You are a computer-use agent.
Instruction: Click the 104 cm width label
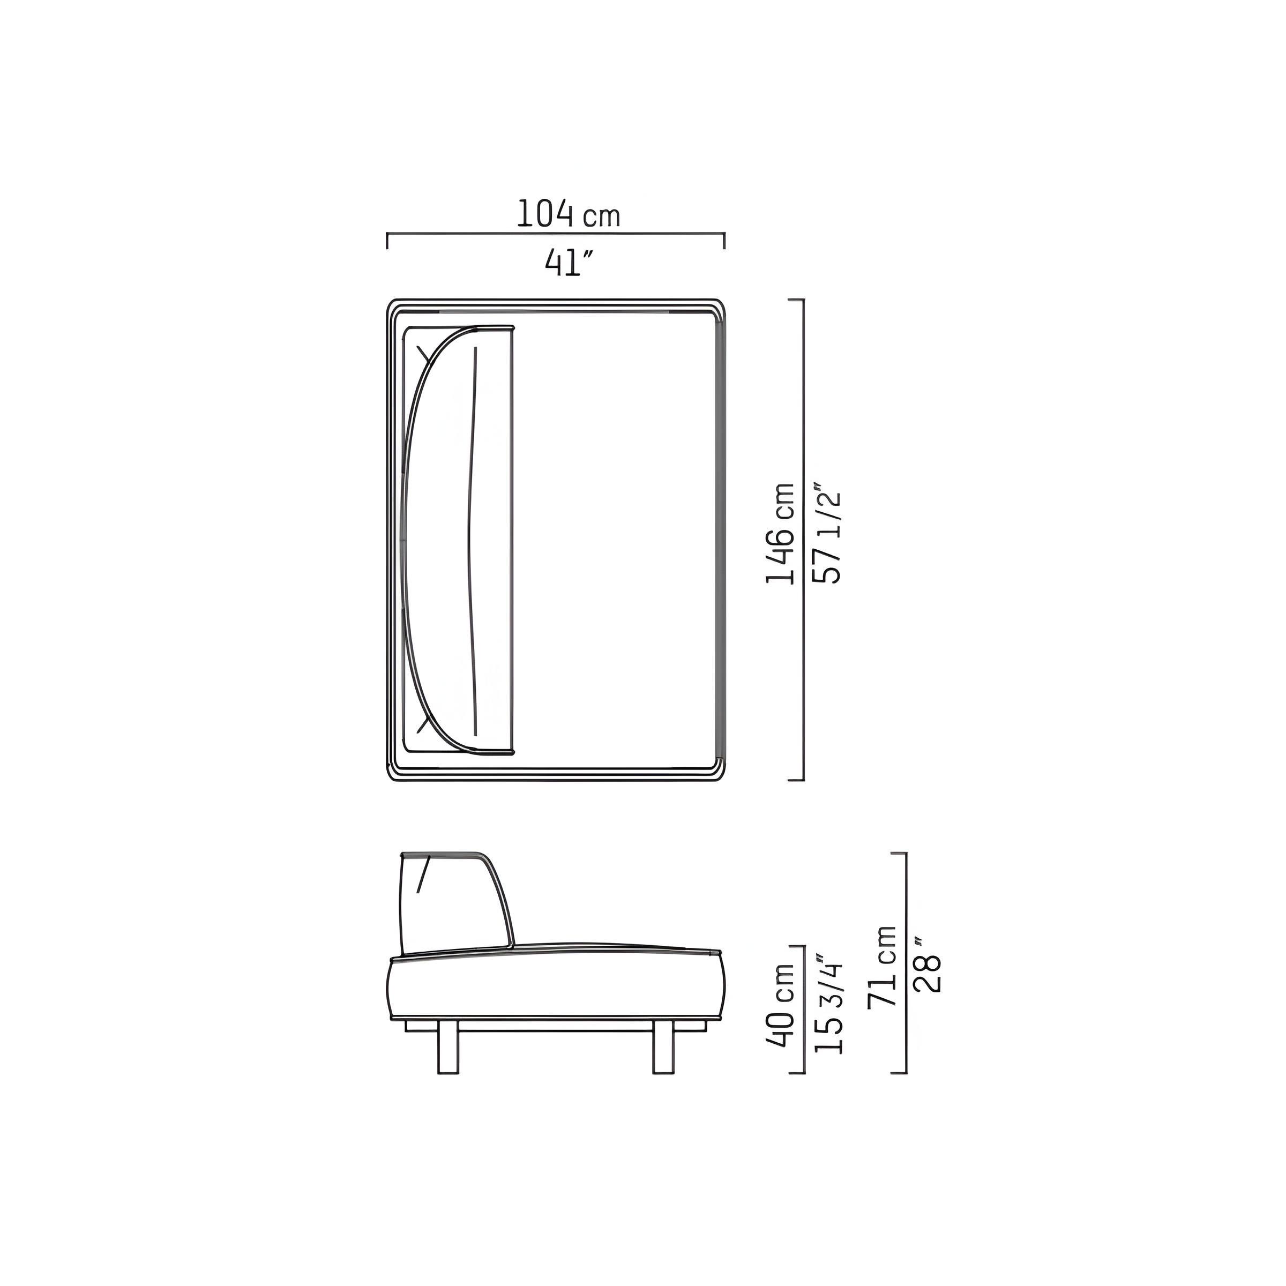coord(569,214)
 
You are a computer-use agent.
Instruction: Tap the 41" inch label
coord(569,263)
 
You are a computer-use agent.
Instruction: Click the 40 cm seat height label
coord(780,1014)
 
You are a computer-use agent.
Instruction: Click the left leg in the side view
coord(448,1048)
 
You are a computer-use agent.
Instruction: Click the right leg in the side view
coord(663,1048)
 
